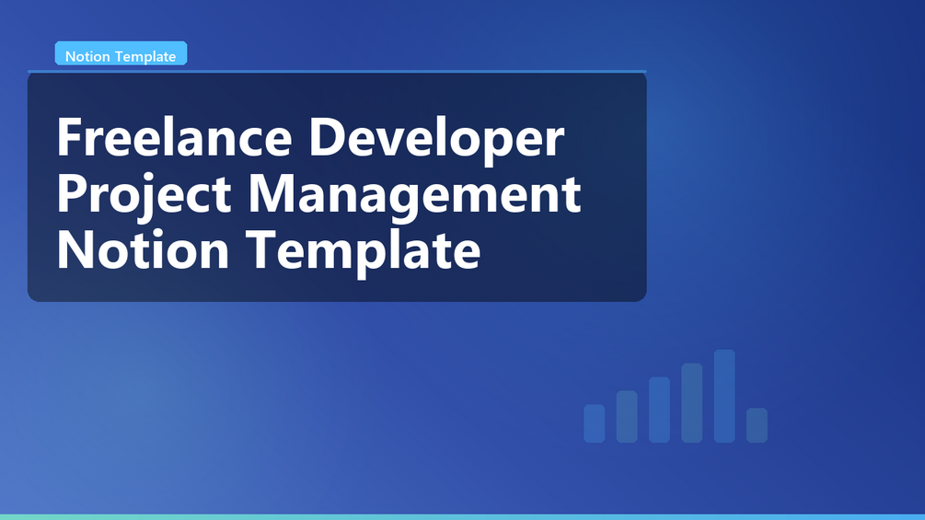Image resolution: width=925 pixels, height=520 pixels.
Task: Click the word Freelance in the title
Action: click(175, 137)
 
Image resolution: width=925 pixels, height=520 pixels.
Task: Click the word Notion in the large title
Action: click(143, 250)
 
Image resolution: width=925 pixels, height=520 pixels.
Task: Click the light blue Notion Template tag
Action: click(121, 53)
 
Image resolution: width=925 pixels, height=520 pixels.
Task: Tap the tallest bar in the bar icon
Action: click(724, 396)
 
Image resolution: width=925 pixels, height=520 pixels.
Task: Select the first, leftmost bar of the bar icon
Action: click(594, 423)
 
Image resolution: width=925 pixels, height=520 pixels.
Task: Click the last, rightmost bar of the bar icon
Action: click(757, 425)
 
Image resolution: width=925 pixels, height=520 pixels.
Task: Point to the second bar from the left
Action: click(627, 416)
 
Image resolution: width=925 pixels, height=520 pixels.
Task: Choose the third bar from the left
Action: click(659, 410)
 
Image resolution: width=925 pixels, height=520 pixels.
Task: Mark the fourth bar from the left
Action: click(691, 403)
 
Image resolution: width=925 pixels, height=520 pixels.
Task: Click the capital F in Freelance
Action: click(69, 137)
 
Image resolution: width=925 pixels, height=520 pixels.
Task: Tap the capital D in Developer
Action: click(327, 137)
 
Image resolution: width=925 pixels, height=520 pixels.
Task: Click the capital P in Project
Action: click(72, 192)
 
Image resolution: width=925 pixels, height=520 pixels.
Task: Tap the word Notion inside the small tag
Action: click(88, 56)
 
